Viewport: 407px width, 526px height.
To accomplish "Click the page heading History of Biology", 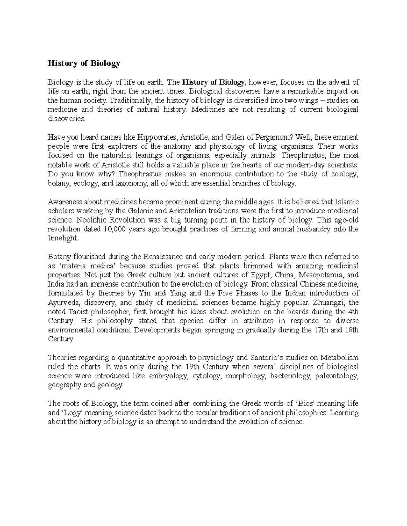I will coord(84,64).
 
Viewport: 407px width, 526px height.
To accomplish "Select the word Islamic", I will coord(346,202).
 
